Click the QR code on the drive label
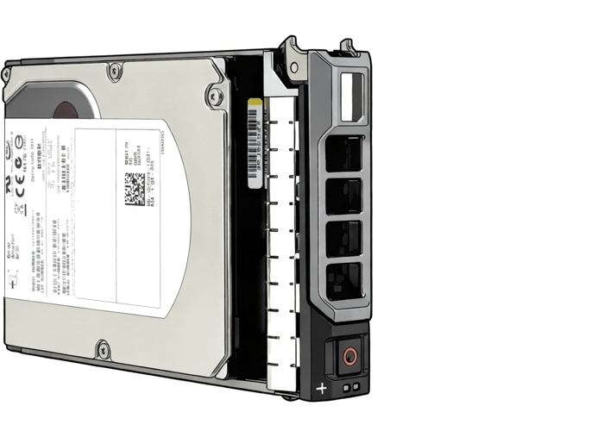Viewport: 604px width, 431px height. click(135, 189)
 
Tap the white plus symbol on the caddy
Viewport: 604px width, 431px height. click(322, 389)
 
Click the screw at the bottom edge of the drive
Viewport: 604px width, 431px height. click(104, 349)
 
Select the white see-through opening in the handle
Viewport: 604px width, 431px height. click(354, 97)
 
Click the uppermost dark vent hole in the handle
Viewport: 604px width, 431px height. click(344, 153)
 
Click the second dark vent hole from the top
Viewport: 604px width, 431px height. click(344, 196)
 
